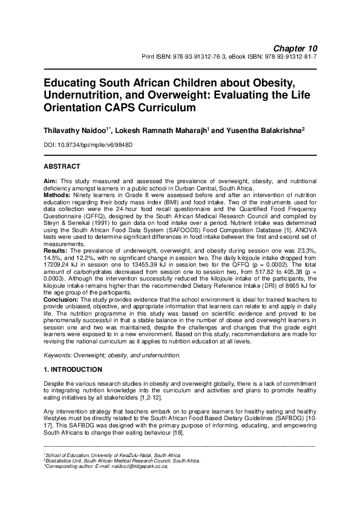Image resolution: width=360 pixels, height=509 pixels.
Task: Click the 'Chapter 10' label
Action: (296, 48)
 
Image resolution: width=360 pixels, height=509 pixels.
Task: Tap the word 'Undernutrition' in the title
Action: (85, 95)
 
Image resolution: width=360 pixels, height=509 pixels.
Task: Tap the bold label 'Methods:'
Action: (58, 195)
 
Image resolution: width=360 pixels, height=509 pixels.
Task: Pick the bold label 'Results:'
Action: (57, 250)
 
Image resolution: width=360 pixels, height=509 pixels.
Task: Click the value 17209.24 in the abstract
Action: (58, 264)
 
